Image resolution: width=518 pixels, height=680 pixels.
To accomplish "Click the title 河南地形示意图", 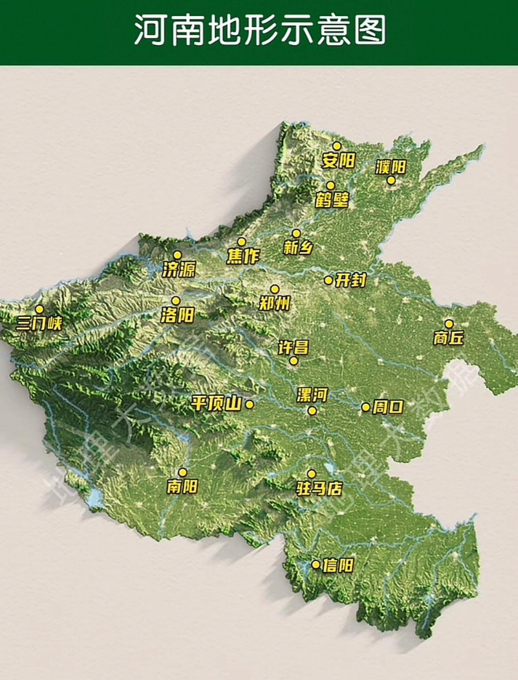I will click(x=259, y=30).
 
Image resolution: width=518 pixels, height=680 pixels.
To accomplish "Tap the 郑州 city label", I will click(x=275, y=303).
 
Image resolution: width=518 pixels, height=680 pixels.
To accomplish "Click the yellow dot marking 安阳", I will click(x=336, y=146).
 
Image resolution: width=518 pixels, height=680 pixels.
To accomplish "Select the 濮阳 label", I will click(x=390, y=167).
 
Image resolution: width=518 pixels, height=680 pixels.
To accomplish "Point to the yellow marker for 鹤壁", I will click(x=330, y=185).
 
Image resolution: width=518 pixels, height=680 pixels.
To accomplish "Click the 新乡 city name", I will click(x=298, y=248).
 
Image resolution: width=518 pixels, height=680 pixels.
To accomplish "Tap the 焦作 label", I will click(x=243, y=256).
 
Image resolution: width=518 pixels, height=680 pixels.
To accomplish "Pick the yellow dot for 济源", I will click(x=177, y=255).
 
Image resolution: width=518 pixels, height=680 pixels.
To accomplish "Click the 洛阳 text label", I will click(x=177, y=316).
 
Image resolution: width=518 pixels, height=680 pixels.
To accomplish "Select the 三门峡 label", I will click(x=39, y=324).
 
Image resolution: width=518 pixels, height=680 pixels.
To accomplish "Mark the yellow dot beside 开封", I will click(x=328, y=280).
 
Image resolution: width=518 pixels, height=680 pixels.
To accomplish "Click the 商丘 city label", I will click(x=448, y=338).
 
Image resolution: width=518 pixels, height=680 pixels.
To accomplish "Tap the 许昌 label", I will click(x=293, y=347).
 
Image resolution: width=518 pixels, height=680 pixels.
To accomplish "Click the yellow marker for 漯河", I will click(x=312, y=410).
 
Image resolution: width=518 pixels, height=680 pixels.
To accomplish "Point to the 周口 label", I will click(x=388, y=407).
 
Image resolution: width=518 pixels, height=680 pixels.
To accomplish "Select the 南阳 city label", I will click(x=182, y=486).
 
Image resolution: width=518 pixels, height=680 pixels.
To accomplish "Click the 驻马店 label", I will click(x=319, y=488).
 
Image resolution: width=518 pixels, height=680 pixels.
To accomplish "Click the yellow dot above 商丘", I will click(x=449, y=324).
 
